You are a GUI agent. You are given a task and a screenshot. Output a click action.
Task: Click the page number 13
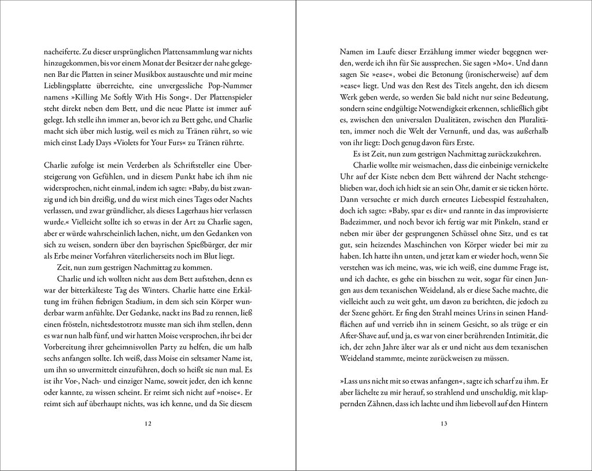click(443, 424)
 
